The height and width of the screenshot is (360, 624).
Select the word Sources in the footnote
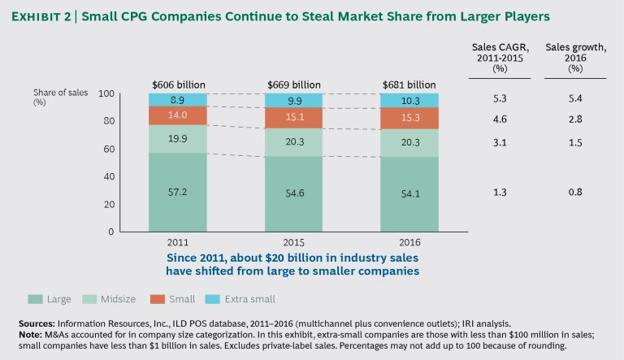(37, 323)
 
